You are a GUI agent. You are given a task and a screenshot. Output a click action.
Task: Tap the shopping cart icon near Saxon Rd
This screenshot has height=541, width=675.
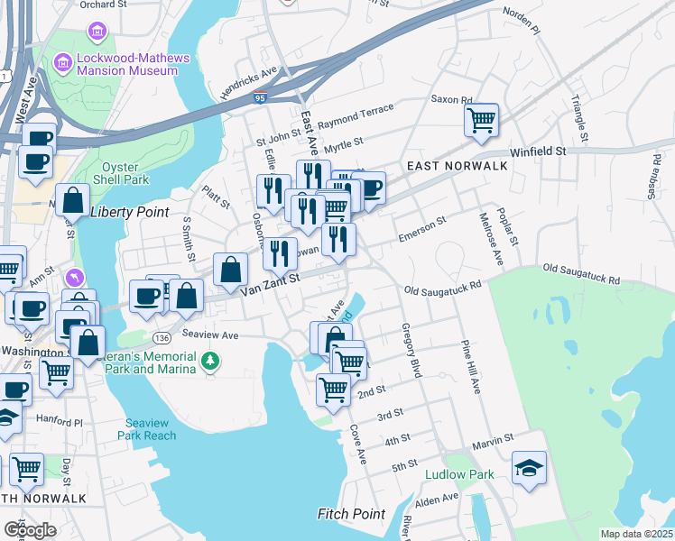pos(481,119)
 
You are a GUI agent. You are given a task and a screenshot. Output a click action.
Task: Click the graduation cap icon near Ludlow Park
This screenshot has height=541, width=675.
pos(529,469)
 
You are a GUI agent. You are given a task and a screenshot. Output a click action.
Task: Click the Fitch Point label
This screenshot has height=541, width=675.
pos(351,514)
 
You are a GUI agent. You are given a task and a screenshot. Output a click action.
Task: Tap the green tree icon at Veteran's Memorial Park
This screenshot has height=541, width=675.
pos(210,362)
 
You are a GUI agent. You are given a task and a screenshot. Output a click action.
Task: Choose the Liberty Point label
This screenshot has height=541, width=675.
pos(124,211)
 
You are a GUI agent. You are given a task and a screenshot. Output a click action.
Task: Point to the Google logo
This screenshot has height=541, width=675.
pos(30,529)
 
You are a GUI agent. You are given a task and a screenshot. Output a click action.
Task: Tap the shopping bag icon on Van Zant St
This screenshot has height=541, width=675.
pos(230,269)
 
